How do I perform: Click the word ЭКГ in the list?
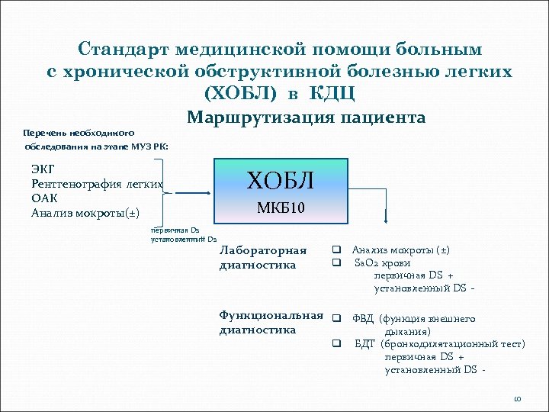coord(43,169)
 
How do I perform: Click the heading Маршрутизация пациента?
coord(306,117)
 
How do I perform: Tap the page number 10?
coord(517,399)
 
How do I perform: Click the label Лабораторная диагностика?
coord(262,257)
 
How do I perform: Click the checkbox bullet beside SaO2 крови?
coord(335,262)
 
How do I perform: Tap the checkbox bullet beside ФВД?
coord(335,319)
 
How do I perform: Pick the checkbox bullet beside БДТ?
coord(335,344)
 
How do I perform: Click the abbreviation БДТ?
coord(365,344)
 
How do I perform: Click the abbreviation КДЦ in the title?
coord(332,93)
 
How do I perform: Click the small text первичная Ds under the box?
coord(175,229)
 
